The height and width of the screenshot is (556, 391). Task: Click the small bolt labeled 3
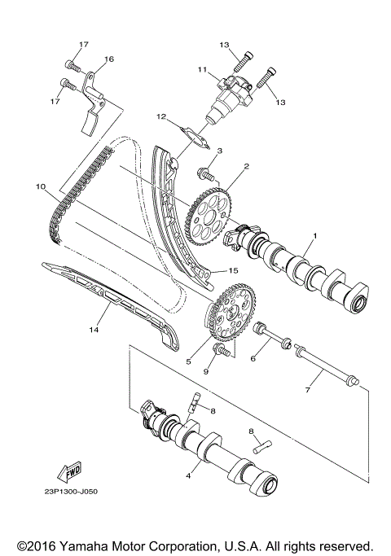point(205,172)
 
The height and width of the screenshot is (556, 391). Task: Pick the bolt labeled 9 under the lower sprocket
point(220,351)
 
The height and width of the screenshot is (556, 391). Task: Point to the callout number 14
point(94,331)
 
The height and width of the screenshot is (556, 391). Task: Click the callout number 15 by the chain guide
point(232,270)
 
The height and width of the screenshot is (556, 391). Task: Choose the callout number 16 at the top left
point(108,59)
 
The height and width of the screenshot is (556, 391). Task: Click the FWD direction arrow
point(73,471)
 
